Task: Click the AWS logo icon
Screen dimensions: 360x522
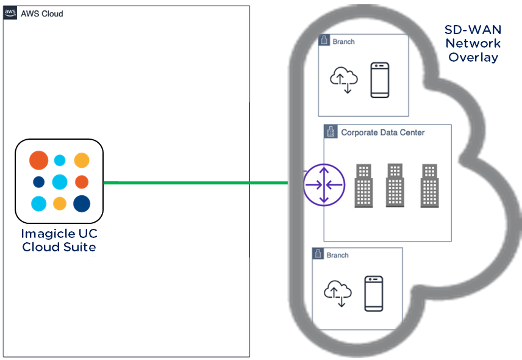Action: tap(10, 13)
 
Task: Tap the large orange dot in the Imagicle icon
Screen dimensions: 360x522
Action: tap(38, 160)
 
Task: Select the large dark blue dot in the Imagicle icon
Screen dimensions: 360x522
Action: tap(81, 204)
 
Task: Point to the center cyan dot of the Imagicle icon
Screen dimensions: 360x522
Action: tap(60, 182)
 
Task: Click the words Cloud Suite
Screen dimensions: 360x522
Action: tap(59, 247)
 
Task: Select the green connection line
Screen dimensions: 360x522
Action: tap(195, 182)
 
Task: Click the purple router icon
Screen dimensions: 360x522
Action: tap(324, 185)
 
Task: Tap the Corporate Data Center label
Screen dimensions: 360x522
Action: tap(382, 132)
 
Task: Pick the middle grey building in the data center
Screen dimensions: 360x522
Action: tap(395, 185)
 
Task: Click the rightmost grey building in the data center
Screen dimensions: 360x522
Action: tap(429, 185)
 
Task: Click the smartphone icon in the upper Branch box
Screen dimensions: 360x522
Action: tap(380, 80)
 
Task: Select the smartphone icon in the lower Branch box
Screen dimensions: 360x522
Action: tap(373, 293)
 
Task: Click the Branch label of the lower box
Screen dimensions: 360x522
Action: tap(337, 255)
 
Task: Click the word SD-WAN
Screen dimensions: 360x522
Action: tap(473, 30)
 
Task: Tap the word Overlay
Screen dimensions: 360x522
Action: tap(473, 58)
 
